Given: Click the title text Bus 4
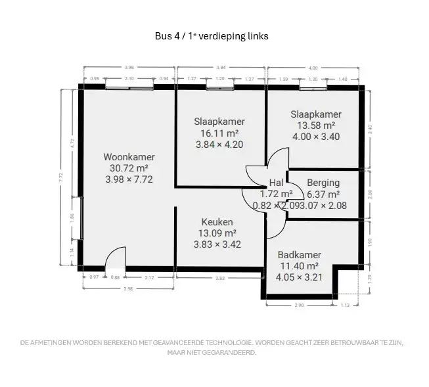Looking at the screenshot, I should pyautogui.click(x=168, y=36).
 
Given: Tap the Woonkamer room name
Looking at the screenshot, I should pyautogui.click(x=129, y=157).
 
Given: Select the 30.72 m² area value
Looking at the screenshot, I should pyautogui.click(x=129, y=168).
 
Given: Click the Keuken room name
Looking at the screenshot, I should pyautogui.click(x=217, y=222).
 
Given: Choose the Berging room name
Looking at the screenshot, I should pyautogui.click(x=323, y=183).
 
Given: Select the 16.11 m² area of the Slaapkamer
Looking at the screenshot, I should pyautogui.click(x=219, y=133).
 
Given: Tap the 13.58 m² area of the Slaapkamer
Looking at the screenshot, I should pyautogui.click(x=316, y=125).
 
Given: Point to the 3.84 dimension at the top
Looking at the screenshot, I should pyautogui.click(x=221, y=68).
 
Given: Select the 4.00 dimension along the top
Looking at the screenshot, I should pyautogui.click(x=313, y=68).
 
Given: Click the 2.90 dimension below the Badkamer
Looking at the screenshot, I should pyautogui.click(x=299, y=306).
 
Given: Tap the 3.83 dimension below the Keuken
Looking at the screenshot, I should pyautogui.click(x=220, y=278).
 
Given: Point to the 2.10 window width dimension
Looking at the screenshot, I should pyautogui.click(x=129, y=79).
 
